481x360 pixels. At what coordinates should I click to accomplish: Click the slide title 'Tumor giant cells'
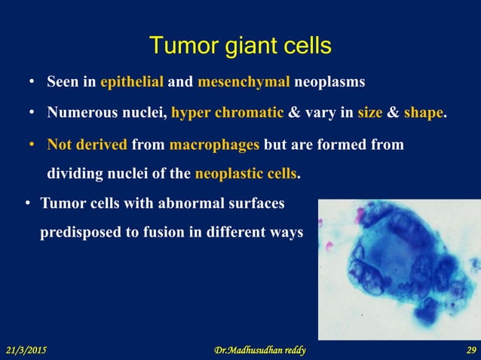click(240, 46)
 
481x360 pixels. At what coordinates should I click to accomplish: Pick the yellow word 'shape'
click(424, 113)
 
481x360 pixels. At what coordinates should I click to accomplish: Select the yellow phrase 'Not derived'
click(87, 144)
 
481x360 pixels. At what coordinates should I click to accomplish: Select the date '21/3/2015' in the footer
click(31, 350)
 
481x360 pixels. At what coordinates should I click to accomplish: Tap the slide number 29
click(471, 350)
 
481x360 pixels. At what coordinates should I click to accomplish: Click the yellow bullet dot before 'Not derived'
click(32, 145)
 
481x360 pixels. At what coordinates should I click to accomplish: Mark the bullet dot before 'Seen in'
click(32, 81)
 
